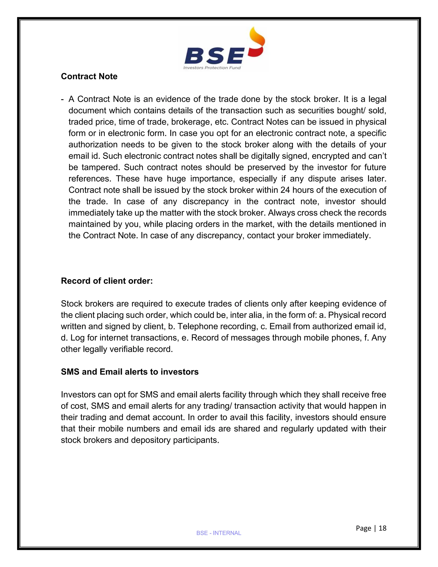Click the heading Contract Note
(89, 77)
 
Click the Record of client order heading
(107, 281)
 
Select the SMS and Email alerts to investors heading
(129, 372)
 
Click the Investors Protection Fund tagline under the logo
(212, 68)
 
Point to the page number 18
(382, 528)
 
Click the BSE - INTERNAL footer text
(219, 533)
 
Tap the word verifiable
(127, 349)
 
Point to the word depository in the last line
(151, 440)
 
